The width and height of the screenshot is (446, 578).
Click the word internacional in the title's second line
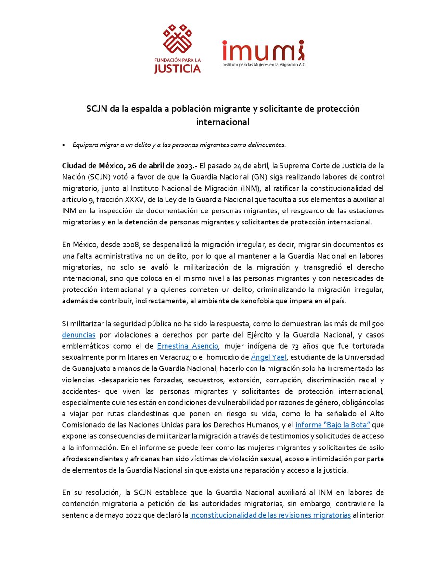(x=223, y=122)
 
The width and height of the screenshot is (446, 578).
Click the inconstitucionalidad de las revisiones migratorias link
(x=270, y=515)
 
